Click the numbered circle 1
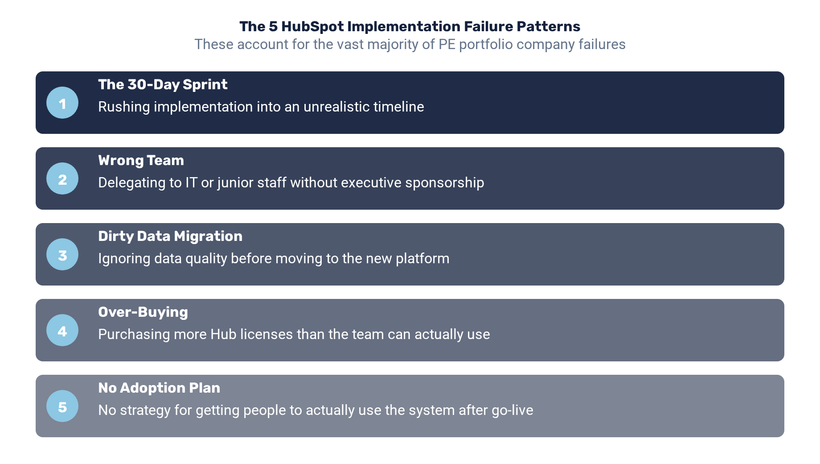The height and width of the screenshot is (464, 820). (x=62, y=103)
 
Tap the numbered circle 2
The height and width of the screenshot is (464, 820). (x=62, y=178)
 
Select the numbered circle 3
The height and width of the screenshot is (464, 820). (x=62, y=254)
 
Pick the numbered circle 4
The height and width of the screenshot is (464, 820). (x=62, y=330)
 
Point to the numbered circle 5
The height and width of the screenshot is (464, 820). (x=62, y=406)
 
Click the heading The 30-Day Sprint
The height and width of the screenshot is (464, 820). (x=163, y=84)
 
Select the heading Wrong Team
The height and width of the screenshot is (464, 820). (x=141, y=160)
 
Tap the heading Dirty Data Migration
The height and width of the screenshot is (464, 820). (x=170, y=236)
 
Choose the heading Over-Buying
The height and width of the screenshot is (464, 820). (x=143, y=312)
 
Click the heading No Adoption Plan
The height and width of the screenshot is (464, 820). (x=159, y=388)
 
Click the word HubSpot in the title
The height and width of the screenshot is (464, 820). (x=312, y=27)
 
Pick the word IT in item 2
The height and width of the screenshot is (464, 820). (x=191, y=182)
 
